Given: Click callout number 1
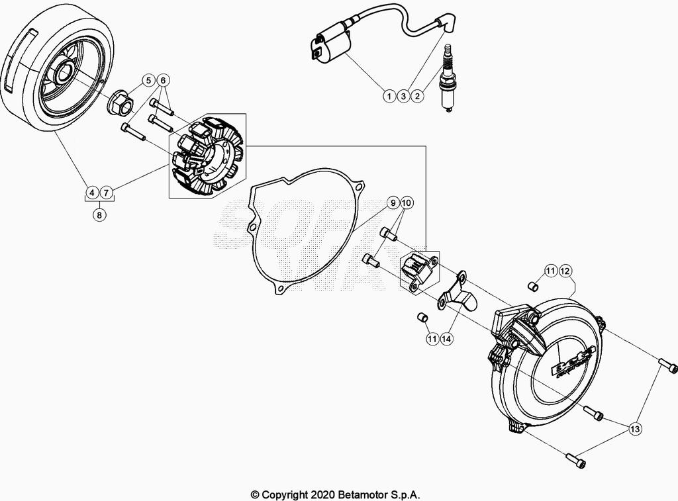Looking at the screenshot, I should click(x=388, y=96).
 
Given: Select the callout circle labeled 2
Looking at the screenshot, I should click(x=417, y=96).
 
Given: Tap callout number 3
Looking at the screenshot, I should click(x=403, y=96).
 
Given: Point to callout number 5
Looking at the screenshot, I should click(x=149, y=81).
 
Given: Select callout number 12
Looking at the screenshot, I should click(x=565, y=271).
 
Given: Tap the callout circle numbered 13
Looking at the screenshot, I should click(x=634, y=430).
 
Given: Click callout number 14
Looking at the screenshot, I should click(x=446, y=339).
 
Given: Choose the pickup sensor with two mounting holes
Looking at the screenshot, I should click(x=420, y=271).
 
